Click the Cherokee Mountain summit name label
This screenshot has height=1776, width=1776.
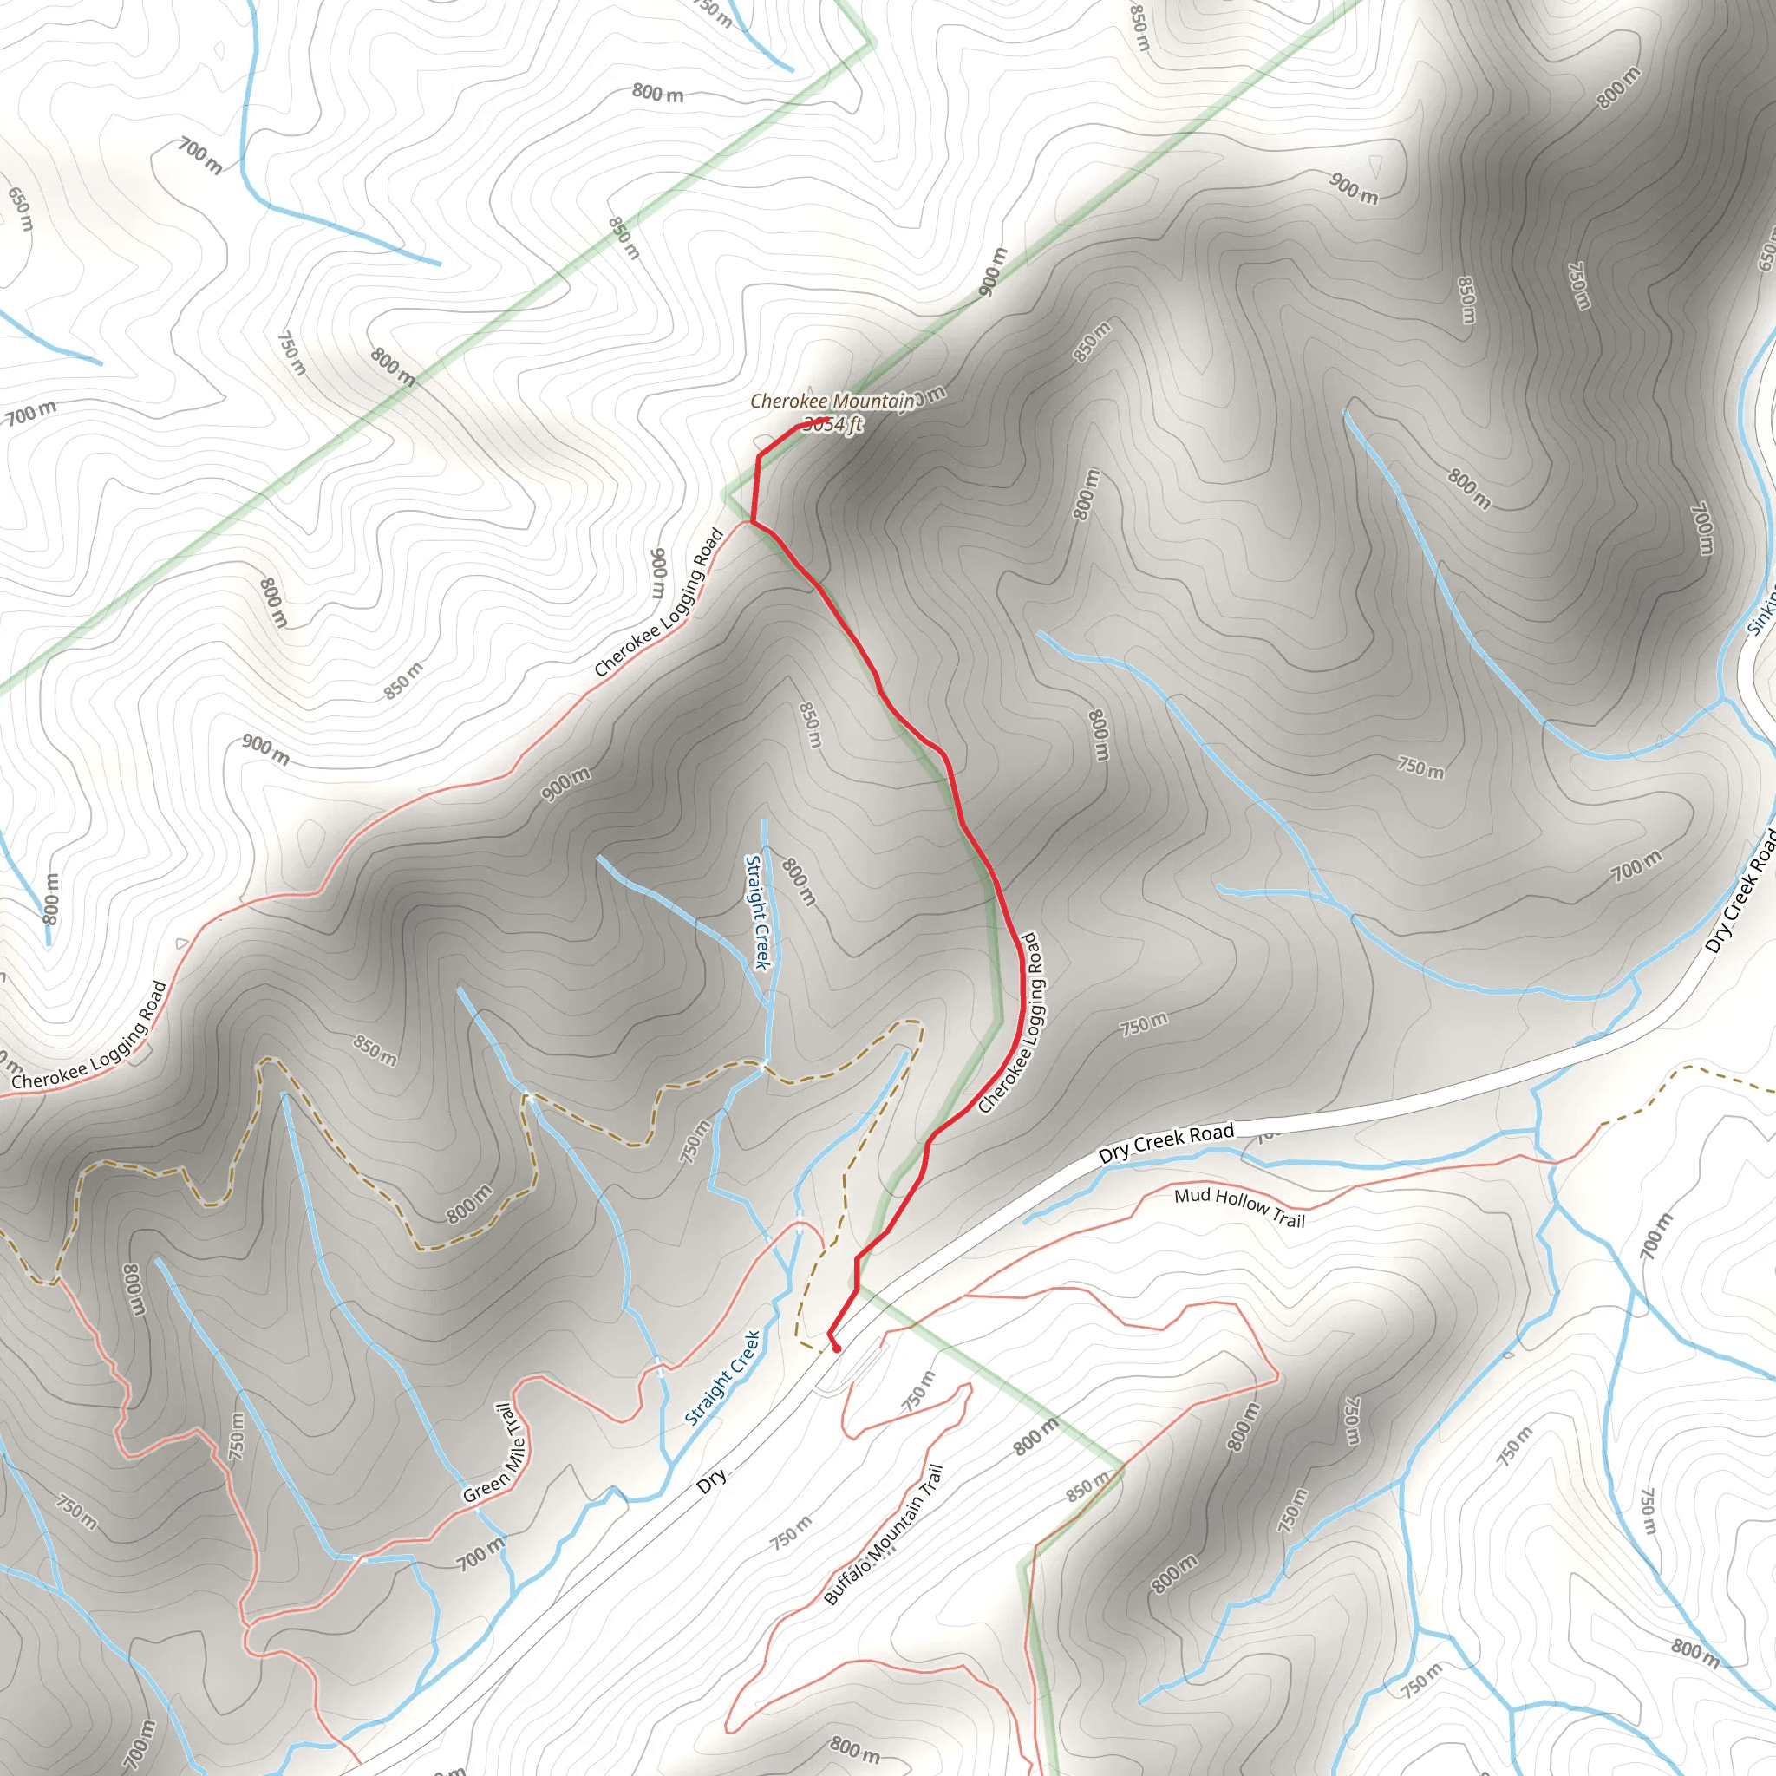tap(832, 401)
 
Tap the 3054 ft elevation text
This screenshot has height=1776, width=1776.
tap(832, 424)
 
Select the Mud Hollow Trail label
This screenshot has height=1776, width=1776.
tap(1239, 1207)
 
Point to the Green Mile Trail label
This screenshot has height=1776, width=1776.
tap(494, 1453)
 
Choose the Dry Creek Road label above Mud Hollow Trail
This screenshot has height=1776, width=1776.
tap(1165, 1143)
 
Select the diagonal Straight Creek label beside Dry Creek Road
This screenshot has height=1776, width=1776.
tap(722, 1379)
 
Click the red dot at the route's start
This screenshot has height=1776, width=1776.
tap(837, 1348)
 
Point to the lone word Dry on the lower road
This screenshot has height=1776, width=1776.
tap(711, 1479)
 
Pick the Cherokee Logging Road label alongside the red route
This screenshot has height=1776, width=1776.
tap(1009, 1023)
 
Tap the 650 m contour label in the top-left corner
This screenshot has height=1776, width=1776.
tap(20, 209)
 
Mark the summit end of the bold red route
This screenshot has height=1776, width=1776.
tap(829, 419)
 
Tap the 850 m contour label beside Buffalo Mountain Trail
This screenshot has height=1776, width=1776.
tap(1088, 1486)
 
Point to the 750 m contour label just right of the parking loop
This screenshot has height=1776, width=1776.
tap(917, 1390)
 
